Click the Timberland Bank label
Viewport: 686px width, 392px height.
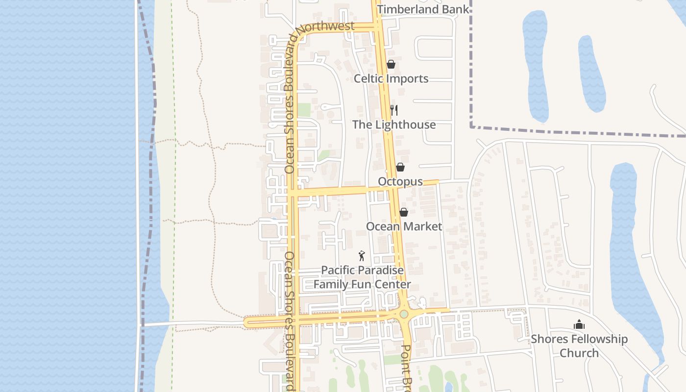[x=423, y=9]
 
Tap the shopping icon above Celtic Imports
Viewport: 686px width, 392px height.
[x=391, y=64]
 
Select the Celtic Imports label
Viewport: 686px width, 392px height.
[x=391, y=78]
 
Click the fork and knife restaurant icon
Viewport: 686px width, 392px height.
[x=394, y=110]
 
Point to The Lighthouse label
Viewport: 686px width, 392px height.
[x=394, y=124]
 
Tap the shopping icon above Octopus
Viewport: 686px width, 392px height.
[x=400, y=167]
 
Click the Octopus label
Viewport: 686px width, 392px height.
[x=400, y=181]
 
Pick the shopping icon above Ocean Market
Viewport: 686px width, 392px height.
[x=404, y=212]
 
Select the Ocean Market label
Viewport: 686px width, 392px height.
[x=404, y=226]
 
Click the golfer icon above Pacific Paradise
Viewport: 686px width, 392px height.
[x=362, y=256]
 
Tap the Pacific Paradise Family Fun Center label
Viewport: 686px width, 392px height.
[x=362, y=277]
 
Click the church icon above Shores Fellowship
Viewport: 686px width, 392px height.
[x=579, y=324]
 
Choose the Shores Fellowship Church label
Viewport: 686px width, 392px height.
[x=579, y=346]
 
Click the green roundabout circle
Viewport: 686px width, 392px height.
[x=404, y=314]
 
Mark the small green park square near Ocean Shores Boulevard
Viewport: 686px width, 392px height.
[x=304, y=110]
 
